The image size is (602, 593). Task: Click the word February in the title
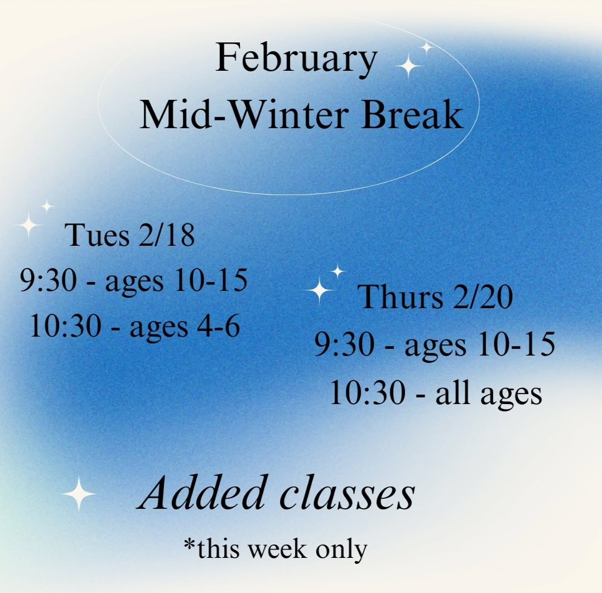296,60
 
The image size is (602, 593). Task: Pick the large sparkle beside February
409,66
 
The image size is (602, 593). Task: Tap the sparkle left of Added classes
79,494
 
